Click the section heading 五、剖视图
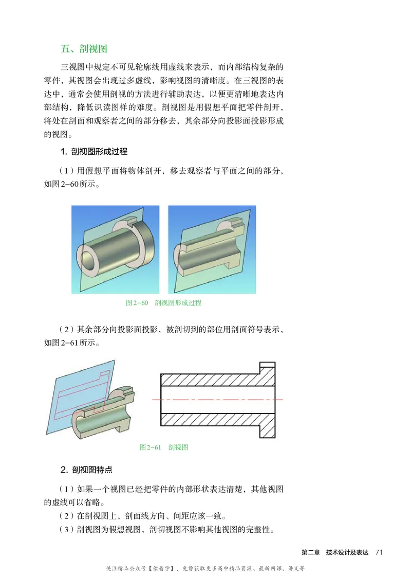click(83, 49)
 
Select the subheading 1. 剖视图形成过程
click(94, 152)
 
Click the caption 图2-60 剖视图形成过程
click(163, 303)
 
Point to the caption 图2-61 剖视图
click(163, 447)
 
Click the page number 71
click(380, 552)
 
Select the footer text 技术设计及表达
click(347, 552)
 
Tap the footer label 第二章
click(311, 552)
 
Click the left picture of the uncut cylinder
click(117, 249)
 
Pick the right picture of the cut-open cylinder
click(212, 249)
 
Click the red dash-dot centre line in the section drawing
click(216, 400)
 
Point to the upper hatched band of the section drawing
click(211, 380)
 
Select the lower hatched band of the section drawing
click(211, 419)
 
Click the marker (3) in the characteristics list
click(69, 529)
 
